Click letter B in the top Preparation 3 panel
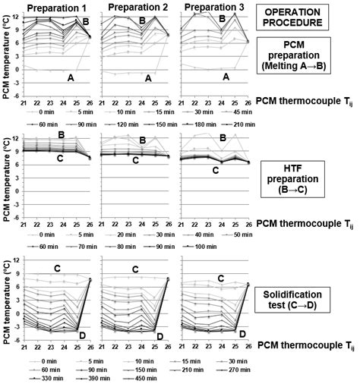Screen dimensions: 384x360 222,17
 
